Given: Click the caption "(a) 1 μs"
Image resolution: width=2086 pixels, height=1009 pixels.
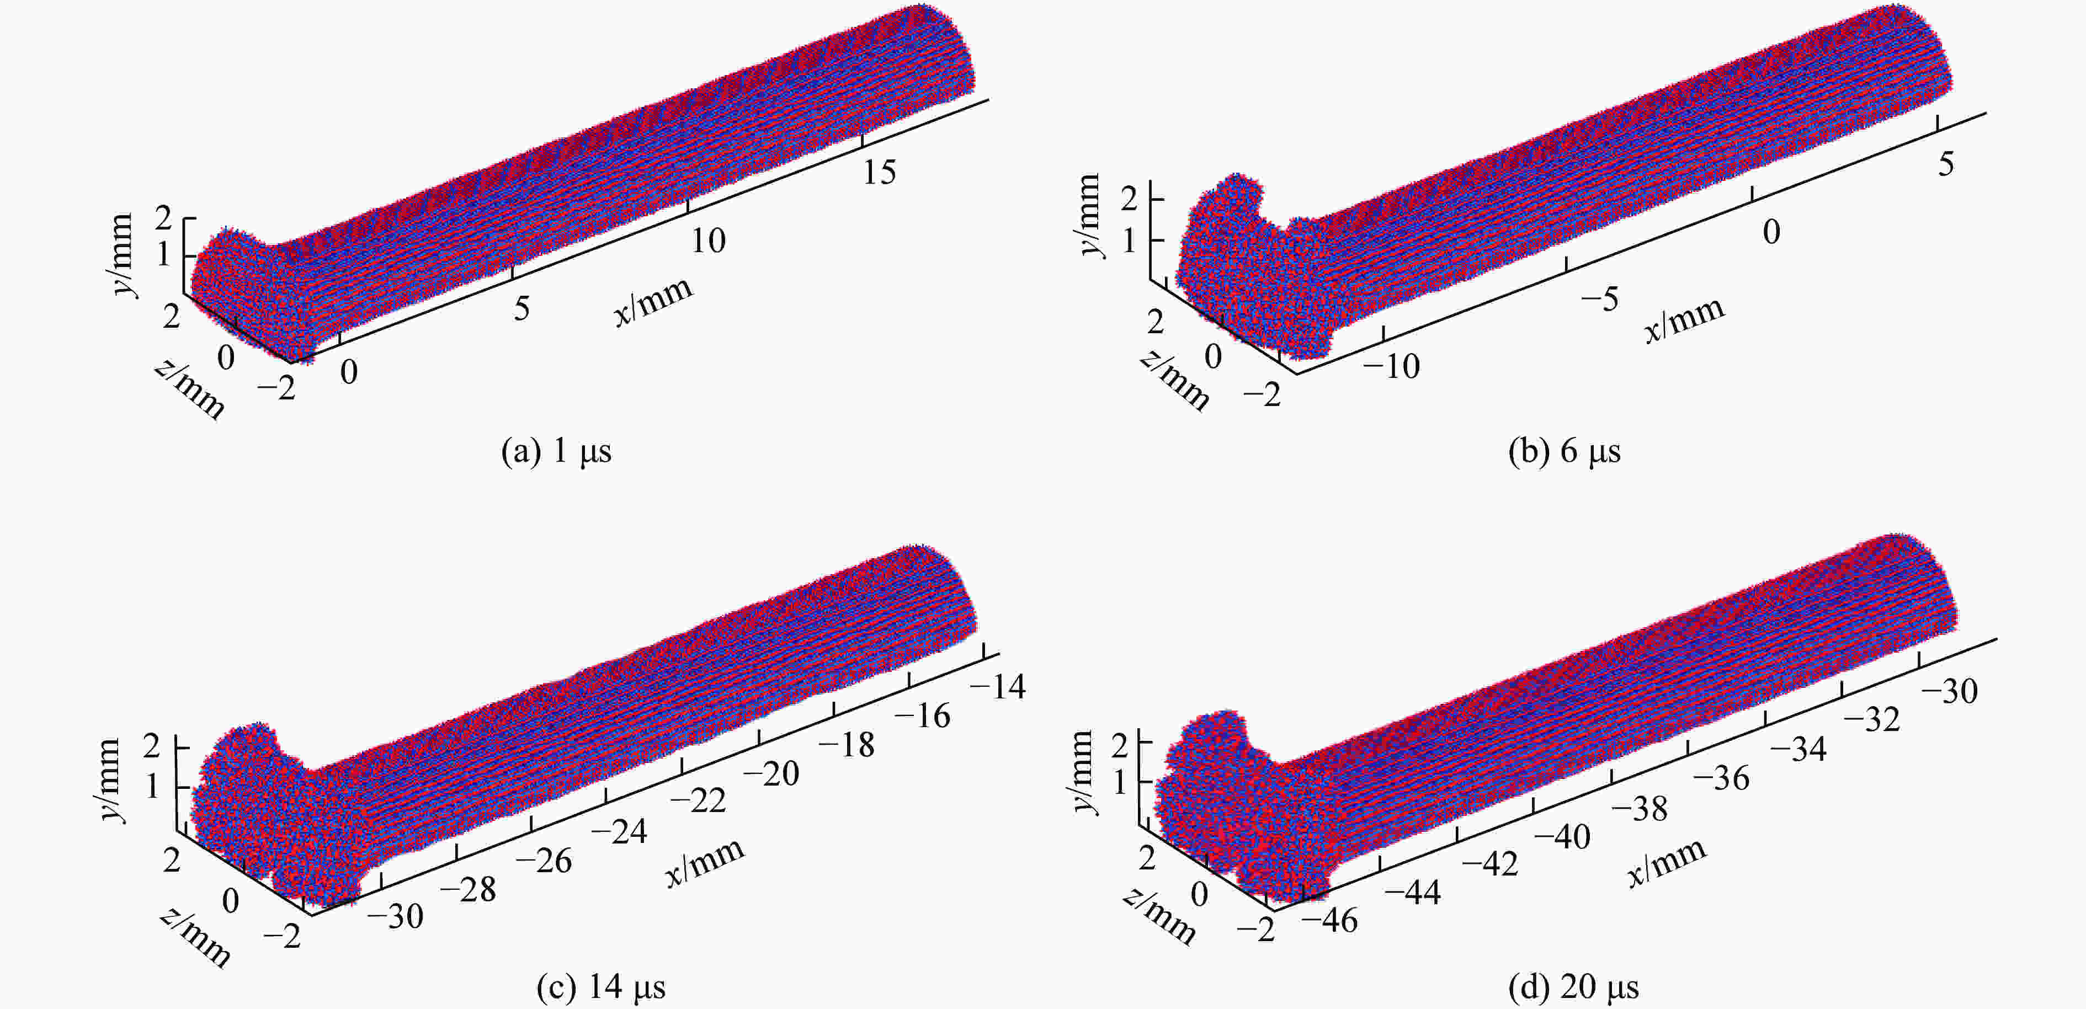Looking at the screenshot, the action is coord(556,451).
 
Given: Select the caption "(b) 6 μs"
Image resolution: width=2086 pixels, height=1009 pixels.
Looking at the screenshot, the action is coord(1564,451).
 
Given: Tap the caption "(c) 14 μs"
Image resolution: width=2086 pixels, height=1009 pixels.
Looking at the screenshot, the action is coord(601,987).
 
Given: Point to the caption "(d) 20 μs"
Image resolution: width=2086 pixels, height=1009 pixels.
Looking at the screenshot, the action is coord(1573,987).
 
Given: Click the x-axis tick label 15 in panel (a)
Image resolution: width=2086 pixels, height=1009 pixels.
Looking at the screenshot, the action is coord(879,173).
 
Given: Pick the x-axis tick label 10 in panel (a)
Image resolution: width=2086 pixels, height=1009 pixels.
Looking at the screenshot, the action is coord(707,241).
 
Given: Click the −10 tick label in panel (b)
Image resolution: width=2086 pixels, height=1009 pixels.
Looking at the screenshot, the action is coord(1391,367).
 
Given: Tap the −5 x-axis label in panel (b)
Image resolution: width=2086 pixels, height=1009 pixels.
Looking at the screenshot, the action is coord(1599,300).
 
